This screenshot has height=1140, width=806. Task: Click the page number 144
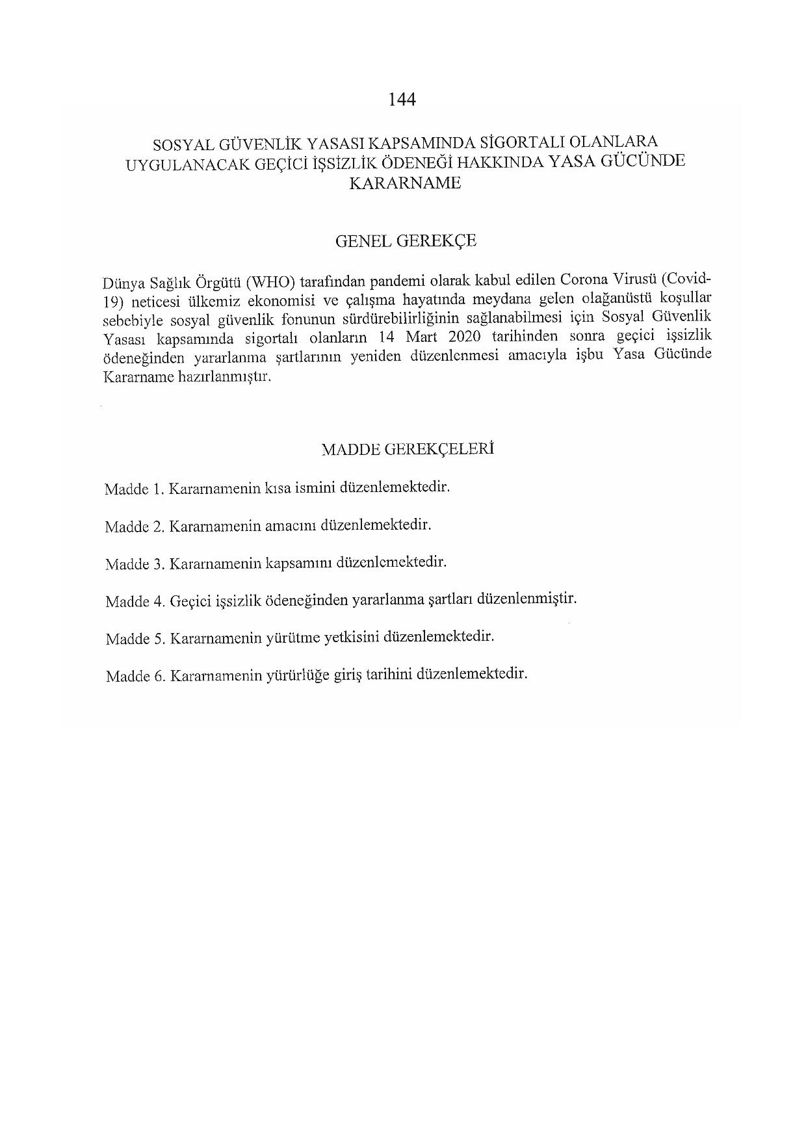pos(402,99)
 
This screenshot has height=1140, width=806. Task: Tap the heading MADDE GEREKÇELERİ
pos(408,449)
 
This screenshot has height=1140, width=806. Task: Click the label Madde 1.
pos(133,489)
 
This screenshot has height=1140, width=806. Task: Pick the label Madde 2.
pos(133,526)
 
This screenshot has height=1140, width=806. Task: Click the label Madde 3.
pos(133,564)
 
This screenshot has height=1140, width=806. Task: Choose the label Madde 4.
pos(134,602)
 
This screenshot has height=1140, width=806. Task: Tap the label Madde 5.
pos(135,639)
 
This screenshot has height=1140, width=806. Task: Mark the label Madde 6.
pos(135,677)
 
